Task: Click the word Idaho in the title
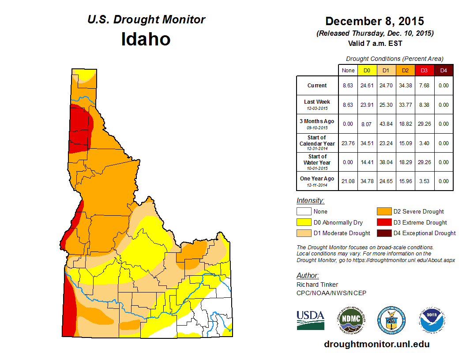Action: (146, 39)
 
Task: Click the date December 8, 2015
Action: (374, 21)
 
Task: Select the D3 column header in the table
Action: (424, 71)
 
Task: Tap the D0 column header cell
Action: (367, 71)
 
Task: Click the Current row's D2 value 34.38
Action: (405, 86)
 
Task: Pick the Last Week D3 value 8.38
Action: (424, 105)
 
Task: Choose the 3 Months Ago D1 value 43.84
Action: (386, 124)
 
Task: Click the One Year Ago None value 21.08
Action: (348, 181)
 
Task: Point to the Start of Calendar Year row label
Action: (317, 143)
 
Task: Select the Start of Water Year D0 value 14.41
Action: (367, 162)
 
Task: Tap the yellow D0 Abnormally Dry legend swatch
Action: (304, 222)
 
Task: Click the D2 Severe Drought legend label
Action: (418, 212)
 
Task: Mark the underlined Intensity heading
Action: (310, 201)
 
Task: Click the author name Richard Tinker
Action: (317, 285)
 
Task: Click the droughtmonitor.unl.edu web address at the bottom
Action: (376, 344)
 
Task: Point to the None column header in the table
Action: (348, 71)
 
